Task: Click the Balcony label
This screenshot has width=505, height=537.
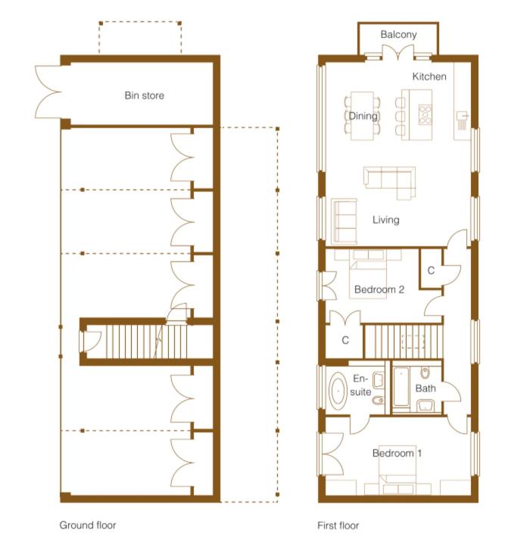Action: [398, 35]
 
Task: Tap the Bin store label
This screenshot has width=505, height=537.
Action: [144, 95]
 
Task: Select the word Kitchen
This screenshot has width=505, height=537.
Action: [429, 76]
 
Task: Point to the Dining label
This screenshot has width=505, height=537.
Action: [363, 116]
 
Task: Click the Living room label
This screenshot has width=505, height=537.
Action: [386, 220]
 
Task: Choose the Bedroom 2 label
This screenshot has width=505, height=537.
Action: [379, 289]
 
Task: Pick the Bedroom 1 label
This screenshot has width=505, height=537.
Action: [397, 453]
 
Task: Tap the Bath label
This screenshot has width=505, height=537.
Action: [426, 389]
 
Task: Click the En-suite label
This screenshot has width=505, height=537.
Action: [360, 385]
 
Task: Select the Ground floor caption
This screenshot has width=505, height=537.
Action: [88, 525]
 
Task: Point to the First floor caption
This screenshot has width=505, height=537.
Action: [338, 526]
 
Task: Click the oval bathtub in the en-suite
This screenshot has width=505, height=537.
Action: [338, 391]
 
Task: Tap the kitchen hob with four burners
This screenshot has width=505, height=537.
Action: [425, 114]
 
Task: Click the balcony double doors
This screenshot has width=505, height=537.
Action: [398, 52]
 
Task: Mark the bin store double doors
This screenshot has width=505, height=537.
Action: [48, 92]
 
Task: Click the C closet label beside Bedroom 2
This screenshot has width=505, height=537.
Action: [431, 270]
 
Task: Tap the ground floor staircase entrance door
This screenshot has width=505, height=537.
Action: [90, 342]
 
